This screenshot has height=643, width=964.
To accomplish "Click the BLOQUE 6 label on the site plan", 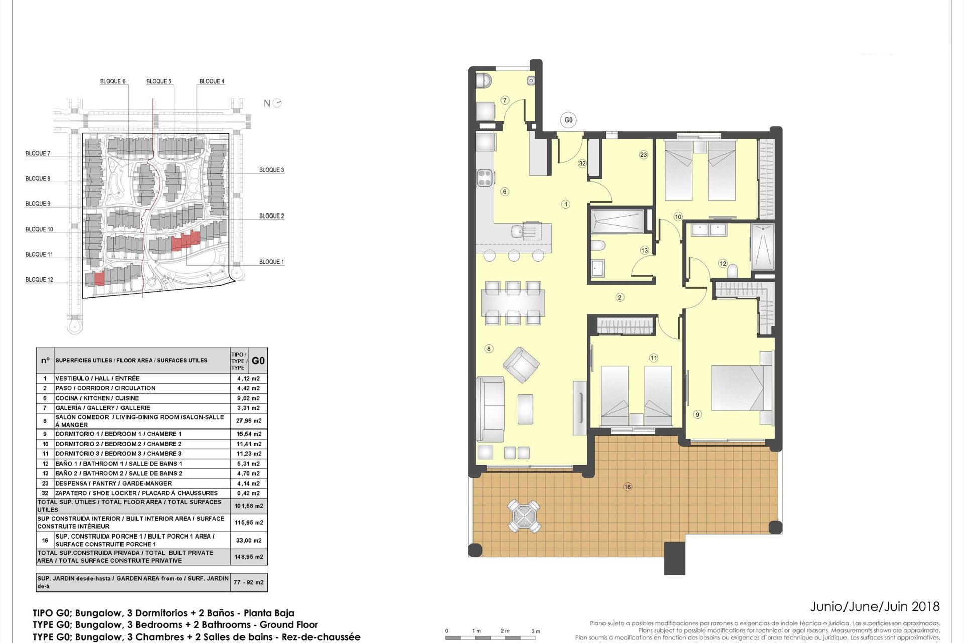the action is pyautogui.click(x=112, y=81).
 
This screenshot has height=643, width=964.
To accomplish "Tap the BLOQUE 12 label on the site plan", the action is pyautogui.click(x=39, y=280).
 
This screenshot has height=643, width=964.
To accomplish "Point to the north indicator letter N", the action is pyautogui.click(x=267, y=103).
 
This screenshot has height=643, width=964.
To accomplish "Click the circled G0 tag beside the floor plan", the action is pyautogui.click(x=568, y=120).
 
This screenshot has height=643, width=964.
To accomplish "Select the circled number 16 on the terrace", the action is pyautogui.click(x=628, y=487).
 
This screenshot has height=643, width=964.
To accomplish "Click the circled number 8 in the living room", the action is pyautogui.click(x=489, y=349).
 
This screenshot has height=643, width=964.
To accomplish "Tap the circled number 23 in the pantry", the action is pyautogui.click(x=644, y=155).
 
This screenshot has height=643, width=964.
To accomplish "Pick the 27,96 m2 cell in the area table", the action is pyautogui.click(x=249, y=421).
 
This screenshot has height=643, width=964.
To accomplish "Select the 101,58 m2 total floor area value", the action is pyautogui.click(x=249, y=506).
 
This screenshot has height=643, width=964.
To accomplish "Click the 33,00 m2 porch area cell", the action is pyautogui.click(x=249, y=540).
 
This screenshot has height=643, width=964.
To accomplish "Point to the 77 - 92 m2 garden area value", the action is pyautogui.click(x=249, y=582).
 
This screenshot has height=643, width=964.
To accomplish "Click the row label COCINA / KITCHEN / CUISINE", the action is pyautogui.click(x=97, y=398).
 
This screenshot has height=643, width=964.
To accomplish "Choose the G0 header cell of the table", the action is pyautogui.click(x=258, y=361).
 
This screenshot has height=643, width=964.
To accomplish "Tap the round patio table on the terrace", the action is pyautogui.click(x=524, y=515).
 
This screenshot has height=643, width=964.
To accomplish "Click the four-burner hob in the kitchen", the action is pyautogui.click(x=485, y=177).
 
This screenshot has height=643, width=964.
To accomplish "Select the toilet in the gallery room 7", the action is pyautogui.click(x=484, y=80).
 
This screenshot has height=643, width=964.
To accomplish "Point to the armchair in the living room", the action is pyautogui.click(x=521, y=365).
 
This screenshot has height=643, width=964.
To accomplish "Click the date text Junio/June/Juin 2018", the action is pyautogui.click(x=875, y=607).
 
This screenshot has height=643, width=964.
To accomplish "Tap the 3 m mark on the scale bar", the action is pyautogui.click(x=536, y=631).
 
